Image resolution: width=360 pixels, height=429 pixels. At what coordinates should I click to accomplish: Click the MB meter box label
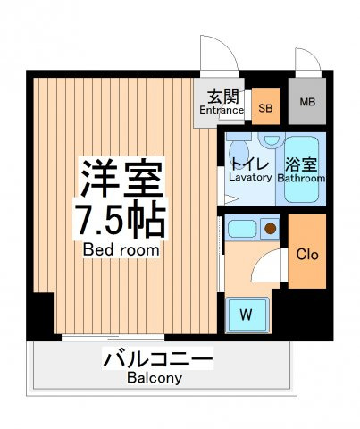point(307,102)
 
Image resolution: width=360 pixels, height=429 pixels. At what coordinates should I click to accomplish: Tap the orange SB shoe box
point(266,106)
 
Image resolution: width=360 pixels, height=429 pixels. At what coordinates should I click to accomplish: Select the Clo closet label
point(307,255)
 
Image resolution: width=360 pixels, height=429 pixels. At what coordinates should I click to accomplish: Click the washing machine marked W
point(247,315)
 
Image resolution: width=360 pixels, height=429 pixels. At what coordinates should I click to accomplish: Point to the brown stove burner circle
point(271,229)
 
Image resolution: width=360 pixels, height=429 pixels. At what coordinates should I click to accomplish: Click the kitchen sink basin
point(242,229)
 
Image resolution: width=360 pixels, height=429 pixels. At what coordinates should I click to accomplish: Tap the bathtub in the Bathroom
point(301,169)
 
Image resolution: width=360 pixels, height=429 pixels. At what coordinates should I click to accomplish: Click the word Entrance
point(222,110)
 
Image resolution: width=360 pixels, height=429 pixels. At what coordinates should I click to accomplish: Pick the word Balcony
point(155,378)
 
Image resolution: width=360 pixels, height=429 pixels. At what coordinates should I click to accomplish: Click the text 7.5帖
point(120,219)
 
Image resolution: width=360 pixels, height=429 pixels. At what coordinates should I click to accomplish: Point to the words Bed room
point(121,249)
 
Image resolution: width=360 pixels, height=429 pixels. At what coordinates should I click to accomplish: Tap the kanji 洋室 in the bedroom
point(122,178)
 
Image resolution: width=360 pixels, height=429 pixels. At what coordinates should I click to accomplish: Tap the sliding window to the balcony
point(113,338)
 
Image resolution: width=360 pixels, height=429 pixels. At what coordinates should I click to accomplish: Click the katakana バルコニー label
point(158,358)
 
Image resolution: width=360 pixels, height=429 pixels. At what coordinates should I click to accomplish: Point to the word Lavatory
point(250,178)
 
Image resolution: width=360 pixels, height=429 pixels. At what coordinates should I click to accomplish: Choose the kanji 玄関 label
point(223,97)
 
